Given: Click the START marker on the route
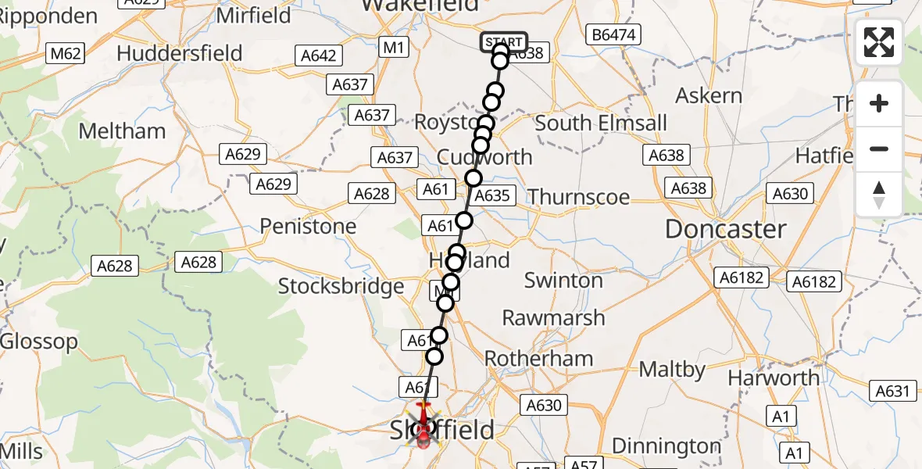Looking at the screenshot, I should coord(503,42).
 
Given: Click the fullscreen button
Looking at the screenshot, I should coord(879,42).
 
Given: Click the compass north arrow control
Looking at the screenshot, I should coord(879,195).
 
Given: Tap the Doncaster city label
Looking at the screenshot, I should coord(725,229).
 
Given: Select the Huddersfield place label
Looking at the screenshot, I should coord(179,53).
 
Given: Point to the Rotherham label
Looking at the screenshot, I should coord(538,359).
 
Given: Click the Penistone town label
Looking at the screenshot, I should coord(308,227).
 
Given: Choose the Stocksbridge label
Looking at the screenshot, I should coord(341,286).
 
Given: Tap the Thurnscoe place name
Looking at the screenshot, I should coord(579,196).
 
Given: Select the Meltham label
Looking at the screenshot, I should coord(123,131).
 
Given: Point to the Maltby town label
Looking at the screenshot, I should coord(673,369).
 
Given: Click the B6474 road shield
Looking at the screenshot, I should coord(613,34).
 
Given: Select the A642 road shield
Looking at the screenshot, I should coord(319,55).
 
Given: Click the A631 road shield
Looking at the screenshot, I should coord(892,392).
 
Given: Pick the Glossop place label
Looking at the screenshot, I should coord(39,342).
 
